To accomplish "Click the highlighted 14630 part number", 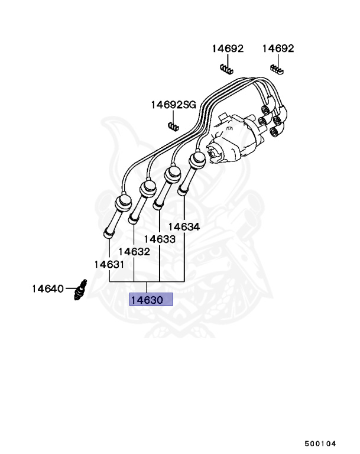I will coord(151,300).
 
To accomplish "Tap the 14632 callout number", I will coord(135,251).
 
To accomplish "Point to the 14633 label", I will coord(159,239).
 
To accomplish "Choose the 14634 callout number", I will coord(184,226).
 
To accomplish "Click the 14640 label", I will coord(47,289).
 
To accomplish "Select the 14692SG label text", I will coord(173,105).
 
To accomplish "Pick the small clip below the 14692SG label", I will coord(173,125).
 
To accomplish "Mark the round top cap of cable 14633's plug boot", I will coord(173,173).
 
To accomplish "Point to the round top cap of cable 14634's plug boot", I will coord(196,159).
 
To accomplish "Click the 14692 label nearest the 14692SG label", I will coord(228,48).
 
